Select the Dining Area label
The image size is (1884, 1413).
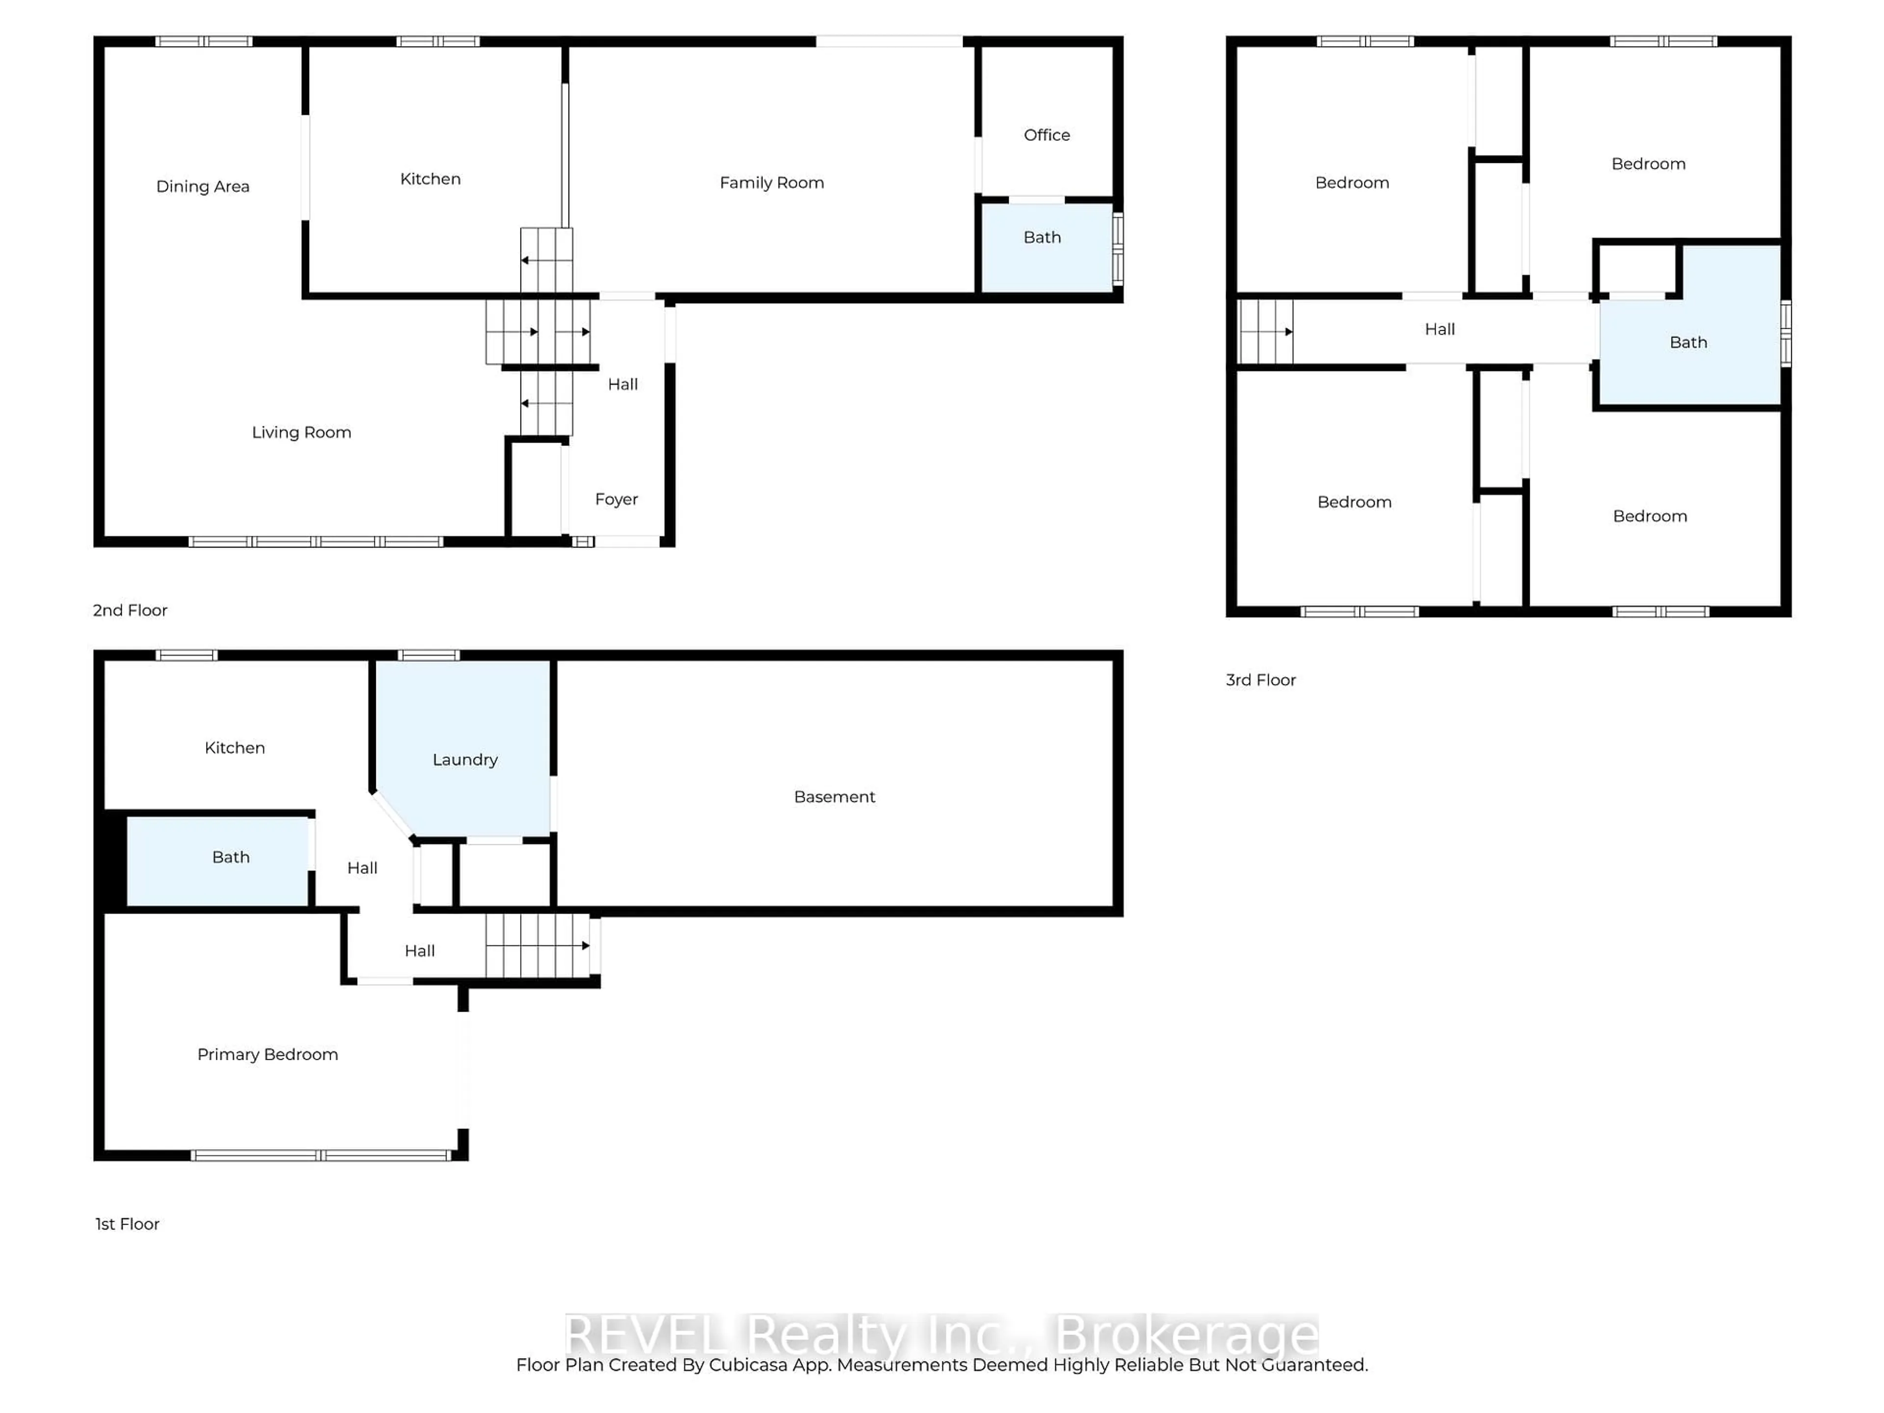pos(203,186)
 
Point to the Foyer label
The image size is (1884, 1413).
pos(616,499)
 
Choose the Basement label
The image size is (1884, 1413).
pos(834,796)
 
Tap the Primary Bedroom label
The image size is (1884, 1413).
pos(267,1054)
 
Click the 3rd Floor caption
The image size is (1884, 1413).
pos(1260,680)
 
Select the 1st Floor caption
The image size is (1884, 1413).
pos(127,1224)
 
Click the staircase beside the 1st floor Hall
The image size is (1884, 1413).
pos(537,945)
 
